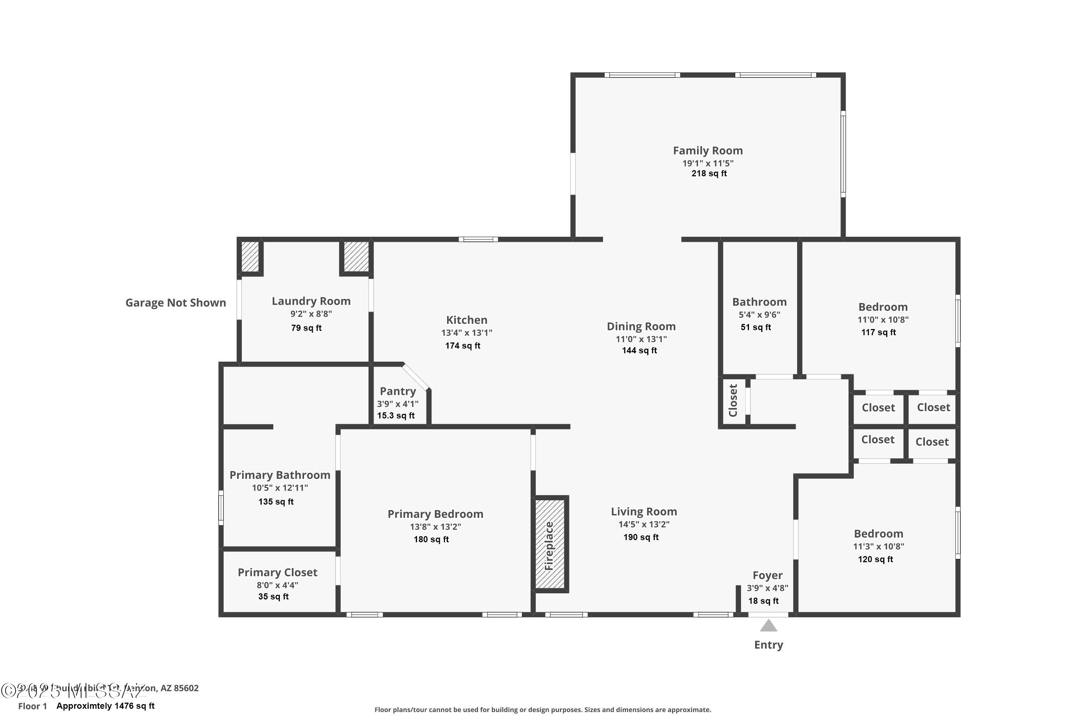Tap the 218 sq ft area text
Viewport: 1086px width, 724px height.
coord(709,174)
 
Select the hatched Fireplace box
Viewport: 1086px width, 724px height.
coord(550,544)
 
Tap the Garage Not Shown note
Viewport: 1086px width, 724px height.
coord(176,303)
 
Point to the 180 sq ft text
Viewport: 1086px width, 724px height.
coord(431,539)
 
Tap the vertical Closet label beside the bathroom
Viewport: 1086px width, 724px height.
coord(733,400)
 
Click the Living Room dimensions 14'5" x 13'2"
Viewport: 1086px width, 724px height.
coord(644,524)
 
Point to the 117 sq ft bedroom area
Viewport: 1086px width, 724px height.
coord(878,332)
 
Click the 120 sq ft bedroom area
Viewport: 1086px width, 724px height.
coord(875,560)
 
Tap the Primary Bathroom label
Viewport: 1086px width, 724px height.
coord(280,475)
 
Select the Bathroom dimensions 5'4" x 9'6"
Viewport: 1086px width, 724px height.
coord(759,315)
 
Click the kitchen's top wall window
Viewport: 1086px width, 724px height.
coord(478,239)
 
